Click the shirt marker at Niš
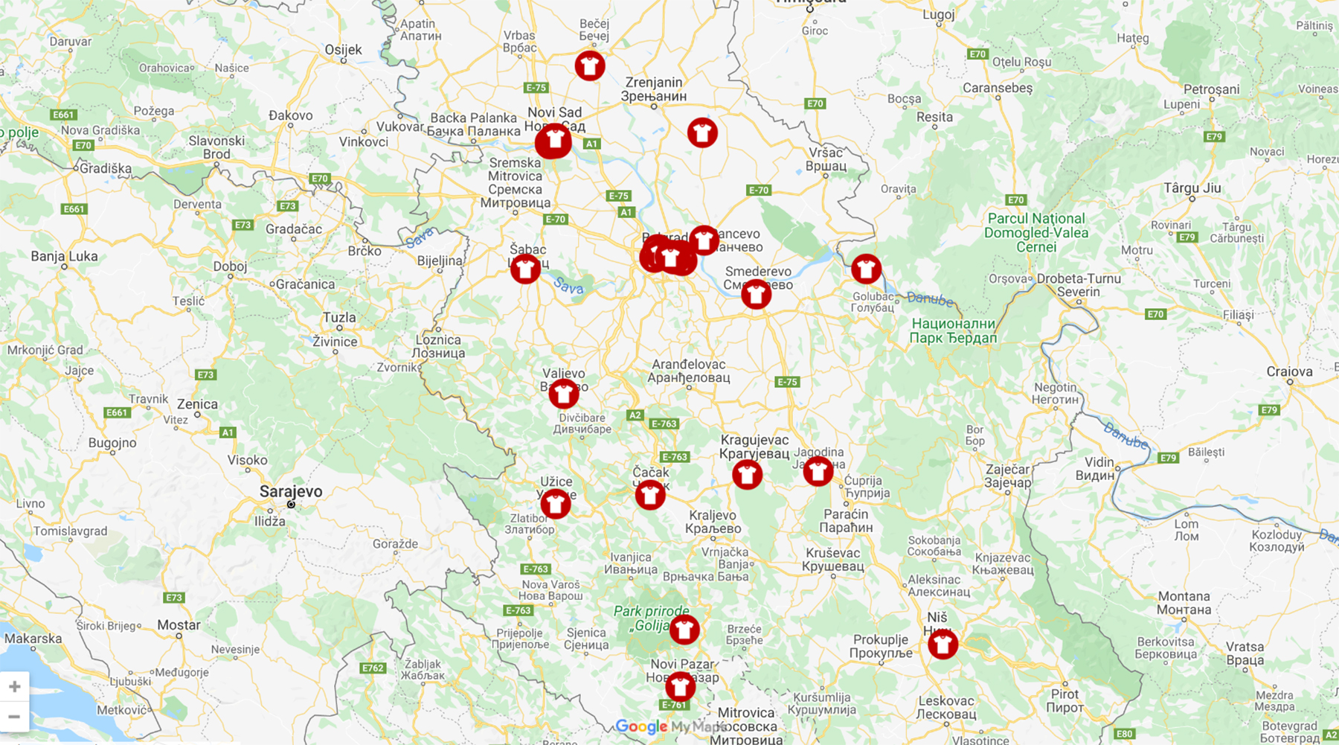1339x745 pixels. click(x=943, y=644)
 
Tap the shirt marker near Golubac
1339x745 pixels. click(x=866, y=269)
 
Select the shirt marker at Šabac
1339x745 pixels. click(x=525, y=269)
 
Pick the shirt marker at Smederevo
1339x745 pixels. click(x=756, y=294)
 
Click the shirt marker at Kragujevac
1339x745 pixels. click(x=747, y=474)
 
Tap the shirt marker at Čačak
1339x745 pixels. click(x=650, y=494)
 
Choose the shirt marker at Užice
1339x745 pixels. click(x=555, y=504)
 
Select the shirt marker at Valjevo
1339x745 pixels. click(x=563, y=394)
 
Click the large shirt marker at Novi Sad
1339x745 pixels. click(x=553, y=141)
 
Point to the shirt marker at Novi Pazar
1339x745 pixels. click(x=680, y=686)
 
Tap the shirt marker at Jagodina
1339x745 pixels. click(x=818, y=470)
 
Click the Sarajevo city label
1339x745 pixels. click(x=291, y=491)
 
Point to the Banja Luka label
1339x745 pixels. click(x=64, y=257)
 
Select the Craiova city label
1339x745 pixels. click(x=1289, y=371)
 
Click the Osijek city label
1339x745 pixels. click(x=343, y=50)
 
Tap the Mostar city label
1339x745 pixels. click(x=179, y=624)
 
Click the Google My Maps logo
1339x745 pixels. click(x=669, y=726)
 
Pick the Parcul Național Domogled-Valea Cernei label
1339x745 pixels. click(x=1035, y=232)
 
